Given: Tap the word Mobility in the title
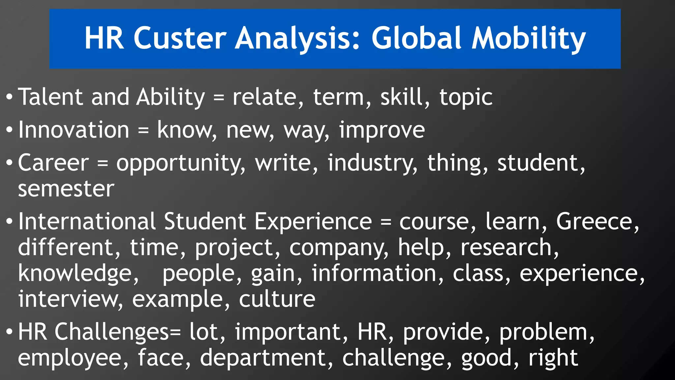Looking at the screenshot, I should [x=529, y=39].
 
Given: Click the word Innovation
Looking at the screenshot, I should [x=73, y=130].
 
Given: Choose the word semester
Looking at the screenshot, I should [x=66, y=189].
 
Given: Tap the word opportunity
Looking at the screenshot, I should [x=181, y=164].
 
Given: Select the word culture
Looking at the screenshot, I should [x=277, y=299].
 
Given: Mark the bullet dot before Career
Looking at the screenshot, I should [x=10, y=163].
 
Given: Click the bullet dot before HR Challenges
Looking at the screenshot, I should [x=10, y=332].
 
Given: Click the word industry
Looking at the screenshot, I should [x=372, y=164].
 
